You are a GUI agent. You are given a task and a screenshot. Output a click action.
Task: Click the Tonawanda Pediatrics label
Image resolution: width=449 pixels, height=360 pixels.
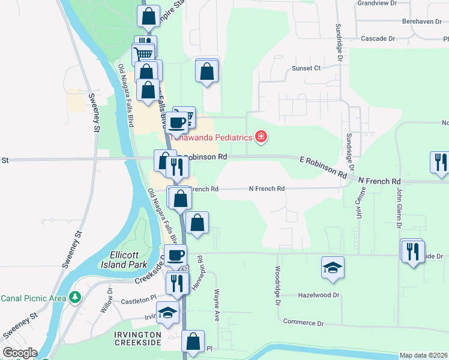pos(210,137)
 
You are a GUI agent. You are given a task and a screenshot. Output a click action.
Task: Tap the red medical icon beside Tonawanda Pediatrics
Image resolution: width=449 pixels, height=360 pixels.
pos(261,137)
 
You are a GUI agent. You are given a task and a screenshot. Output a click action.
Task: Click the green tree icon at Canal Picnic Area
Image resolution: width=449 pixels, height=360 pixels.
pos(74,298)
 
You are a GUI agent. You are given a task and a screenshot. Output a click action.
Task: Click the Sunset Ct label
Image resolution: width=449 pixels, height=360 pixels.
pos(306,68)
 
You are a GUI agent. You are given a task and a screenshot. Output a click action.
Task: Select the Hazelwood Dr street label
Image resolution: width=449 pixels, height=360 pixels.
pos(319,295)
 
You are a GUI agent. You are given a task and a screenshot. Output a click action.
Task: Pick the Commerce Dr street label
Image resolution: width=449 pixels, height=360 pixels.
pos(303,323)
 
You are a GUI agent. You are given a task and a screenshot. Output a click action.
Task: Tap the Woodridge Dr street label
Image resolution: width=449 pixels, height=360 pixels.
pos(279,286)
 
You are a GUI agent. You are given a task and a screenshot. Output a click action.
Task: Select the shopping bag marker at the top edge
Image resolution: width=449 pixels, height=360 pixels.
pos(148,16)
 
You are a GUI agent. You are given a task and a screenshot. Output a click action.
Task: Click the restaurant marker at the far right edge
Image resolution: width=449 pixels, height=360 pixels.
pos(439,162)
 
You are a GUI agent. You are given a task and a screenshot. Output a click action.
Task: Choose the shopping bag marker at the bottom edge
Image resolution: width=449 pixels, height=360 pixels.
pos(193,341)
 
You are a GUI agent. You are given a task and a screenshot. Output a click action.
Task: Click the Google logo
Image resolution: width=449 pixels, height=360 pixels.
pos(20,353)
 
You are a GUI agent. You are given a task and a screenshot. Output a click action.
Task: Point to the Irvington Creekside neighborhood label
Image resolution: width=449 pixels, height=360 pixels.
pos(139,338)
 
